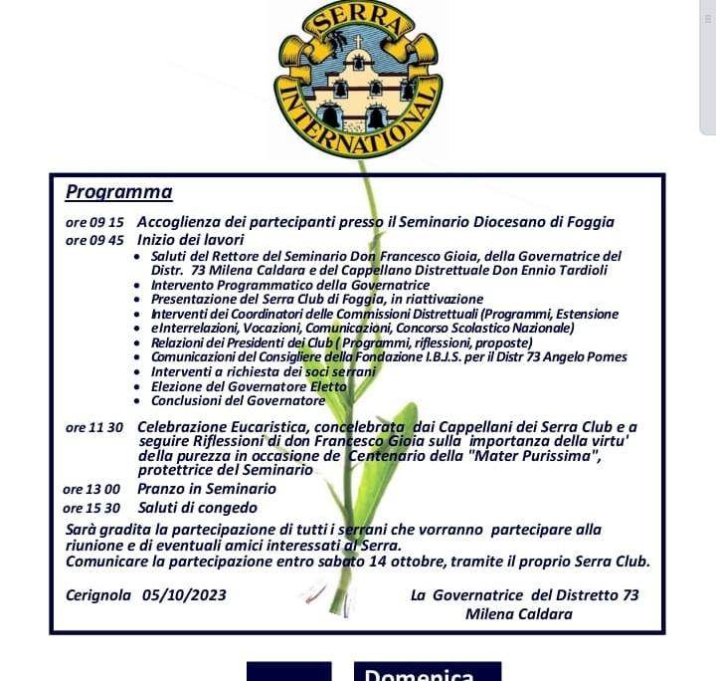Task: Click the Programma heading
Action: pyautogui.click(x=118, y=192)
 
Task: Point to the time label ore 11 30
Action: pyautogui.click(x=93, y=428)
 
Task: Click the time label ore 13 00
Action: pyautogui.click(x=90, y=490)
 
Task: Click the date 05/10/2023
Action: pyautogui.click(x=184, y=595)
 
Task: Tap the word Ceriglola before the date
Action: pyautogui.click(x=99, y=595)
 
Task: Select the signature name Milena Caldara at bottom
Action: pyautogui.click(x=518, y=614)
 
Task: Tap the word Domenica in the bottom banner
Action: pyautogui.click(x=429, y=675)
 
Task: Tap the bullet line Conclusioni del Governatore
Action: pyautogui.click(x=238, y=400)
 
